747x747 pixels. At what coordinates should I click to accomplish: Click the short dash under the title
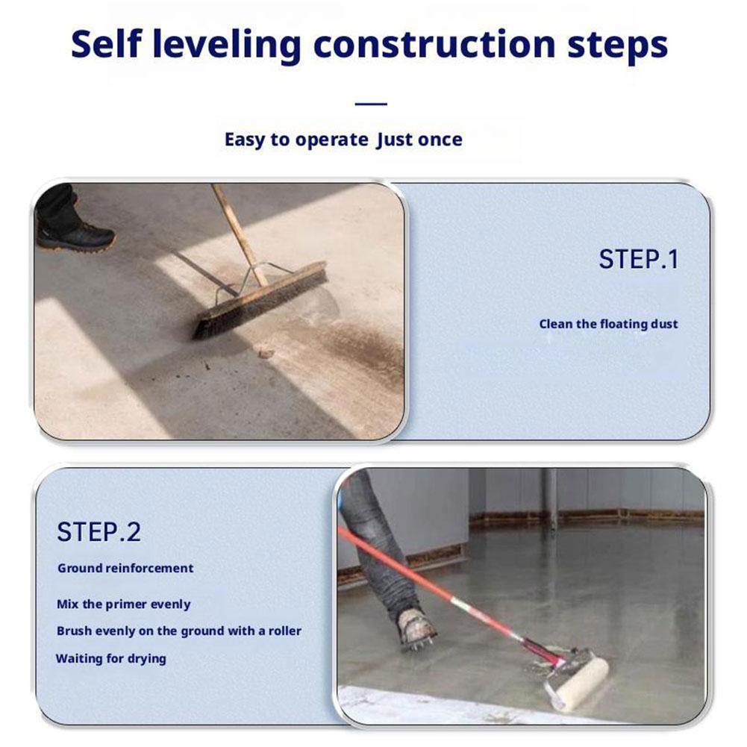coord(371,104)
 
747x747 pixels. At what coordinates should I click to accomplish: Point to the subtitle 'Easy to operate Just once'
coord(343,140)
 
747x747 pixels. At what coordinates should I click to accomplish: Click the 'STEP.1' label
coord(638,260)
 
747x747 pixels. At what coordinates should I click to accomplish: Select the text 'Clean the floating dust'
coord(608,324)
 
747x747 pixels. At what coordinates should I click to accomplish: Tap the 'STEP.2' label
coord(99,532)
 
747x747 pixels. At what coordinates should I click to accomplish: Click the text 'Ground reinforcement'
coord(125,568)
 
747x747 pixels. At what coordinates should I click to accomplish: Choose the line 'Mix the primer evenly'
coord(124,604)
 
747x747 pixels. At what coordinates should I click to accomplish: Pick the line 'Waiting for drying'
coord(111,658)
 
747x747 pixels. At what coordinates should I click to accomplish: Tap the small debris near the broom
coord(265,352)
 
